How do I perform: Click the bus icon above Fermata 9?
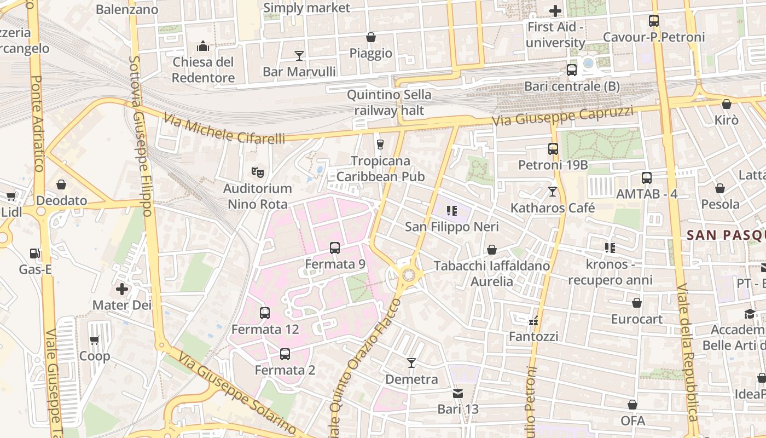tap(335, 248)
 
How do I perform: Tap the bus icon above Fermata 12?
tap(265, 313)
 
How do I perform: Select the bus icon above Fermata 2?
tap(285, 354)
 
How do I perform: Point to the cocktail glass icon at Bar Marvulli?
tap(299, 55)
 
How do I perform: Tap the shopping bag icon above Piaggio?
tap(371, 37)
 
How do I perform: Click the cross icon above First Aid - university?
tap(555, 10)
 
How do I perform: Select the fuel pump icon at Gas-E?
tap(35, 253)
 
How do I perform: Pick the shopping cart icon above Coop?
tap(94, 341)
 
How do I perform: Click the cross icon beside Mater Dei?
tap(122, 289)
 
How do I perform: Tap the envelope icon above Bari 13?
tap(458, 393)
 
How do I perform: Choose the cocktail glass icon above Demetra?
tap(411, 363)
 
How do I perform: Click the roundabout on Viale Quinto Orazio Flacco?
tap(408, 275)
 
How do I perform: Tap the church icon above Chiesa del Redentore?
tap(204, 45)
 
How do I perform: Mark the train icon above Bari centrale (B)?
tap(572, 70)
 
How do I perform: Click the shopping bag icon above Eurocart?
tap(637, 303)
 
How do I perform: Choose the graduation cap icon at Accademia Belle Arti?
tap(750, 314)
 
